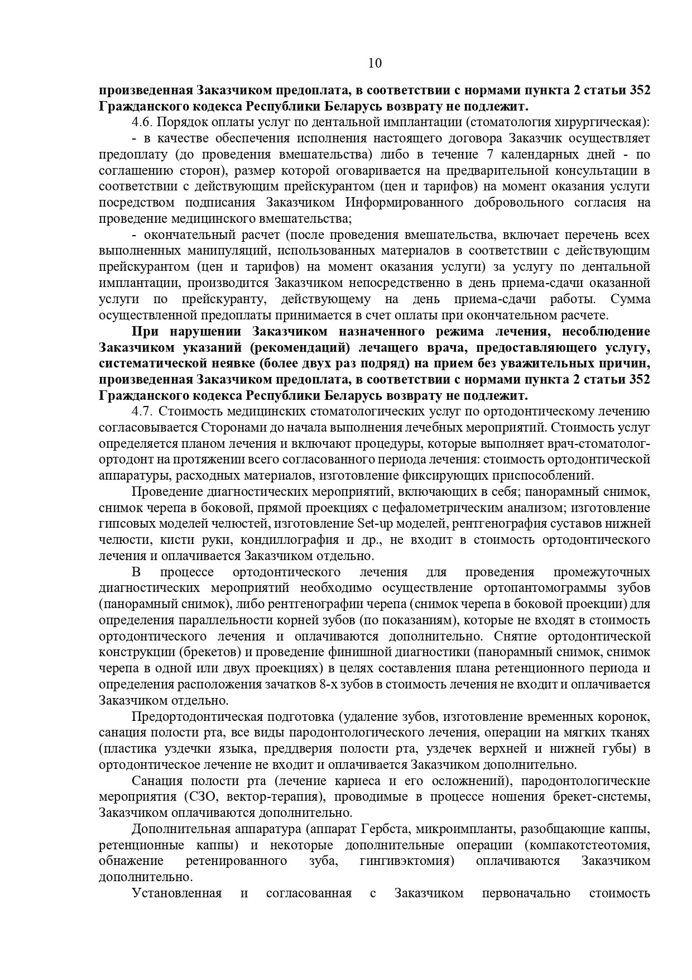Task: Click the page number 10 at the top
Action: (375, 63)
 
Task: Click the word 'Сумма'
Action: (630, 299)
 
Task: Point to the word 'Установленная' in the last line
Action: (177, 893)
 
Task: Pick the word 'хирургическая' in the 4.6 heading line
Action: (603, 122)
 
